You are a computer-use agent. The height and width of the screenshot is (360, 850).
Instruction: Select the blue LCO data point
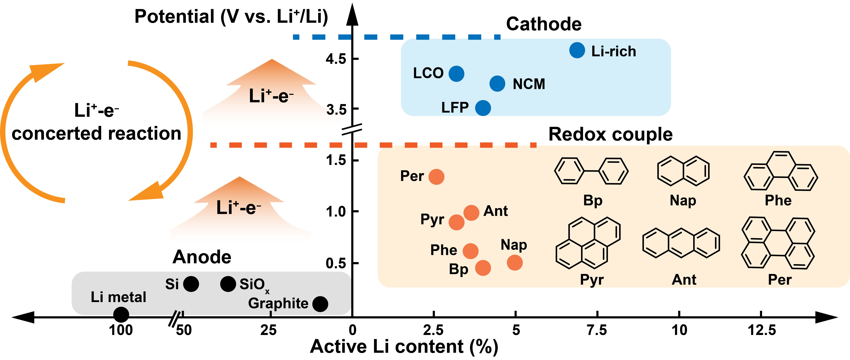click(x=456, y=74)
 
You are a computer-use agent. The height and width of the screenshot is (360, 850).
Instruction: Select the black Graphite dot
click(x=320, y=304)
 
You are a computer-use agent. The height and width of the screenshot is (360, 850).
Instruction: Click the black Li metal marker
click(x=121, y=315)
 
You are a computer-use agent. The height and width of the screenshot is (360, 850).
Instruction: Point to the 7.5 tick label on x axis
click(x=597, y=330)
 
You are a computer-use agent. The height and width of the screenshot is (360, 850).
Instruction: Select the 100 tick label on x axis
click(x=121, y=330)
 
